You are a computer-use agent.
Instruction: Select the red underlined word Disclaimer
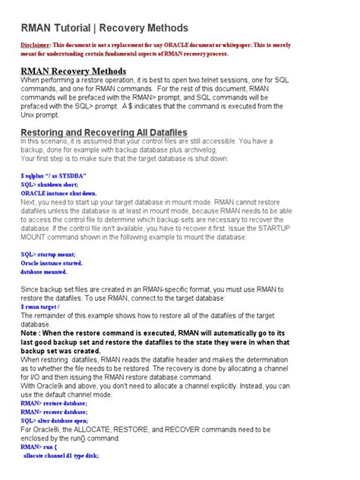pos(39,46)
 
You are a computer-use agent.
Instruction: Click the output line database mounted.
pos(44,271)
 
